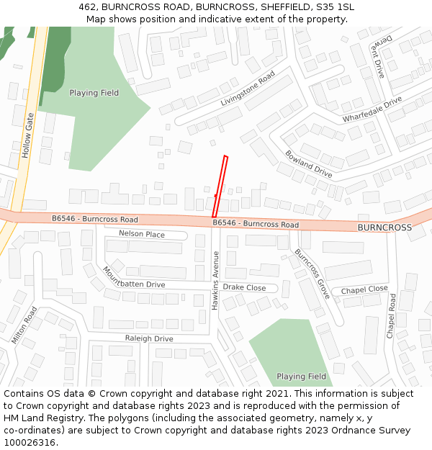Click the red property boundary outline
pyautogui.click(x=220, y=186)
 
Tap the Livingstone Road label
pyautogui.click(x=248, y=89)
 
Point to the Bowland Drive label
pyautogui.click(x=308, y=164)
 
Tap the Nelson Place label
pyautogui.click(x=141, y=235)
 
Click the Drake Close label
pyautogui.click(x=244, y=288)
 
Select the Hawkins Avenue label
pyautogui.click(x=215, y=280)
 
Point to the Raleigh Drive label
pyautogui.click(x=149, y=338)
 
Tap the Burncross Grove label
pyautogui.click(x=312, y=274)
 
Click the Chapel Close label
pyautogui.click(x=364, y=289)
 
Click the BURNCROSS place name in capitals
pyautogui.click(x=384, y=228)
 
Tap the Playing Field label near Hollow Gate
pyautogui.click(x=94, y=93)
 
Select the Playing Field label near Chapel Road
pyautogui.click(x=301, y=377)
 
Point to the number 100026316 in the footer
pyautogui.click(x=30, y=443)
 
